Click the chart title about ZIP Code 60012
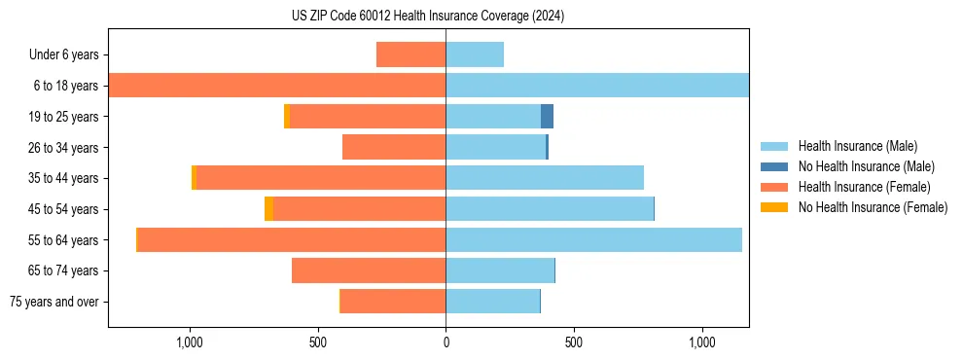pyautogui.click(x=427, y=17)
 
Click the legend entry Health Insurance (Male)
pyautogui.click(x=856, y=146)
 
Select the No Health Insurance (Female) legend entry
pyautogui.click(x=873, y=207)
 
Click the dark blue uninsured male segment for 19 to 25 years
pyautogui.click(x=547, y=117)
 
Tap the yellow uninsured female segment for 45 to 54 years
pyautogui.click(x=268, y=209)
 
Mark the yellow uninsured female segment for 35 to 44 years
pyautogui.click(x=194, y=178)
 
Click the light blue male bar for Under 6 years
pyautogui.click(x=475, y=54)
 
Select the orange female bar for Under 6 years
pyautogui.click(x=410, y=54)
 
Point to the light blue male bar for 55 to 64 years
pyautogui.click(x=593, y=240)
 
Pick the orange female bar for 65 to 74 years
pyautogui.click(x=369, y=270)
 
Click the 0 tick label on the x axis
pyautogui.click(x=446, y=342)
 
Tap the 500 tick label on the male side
pyautogui.click(x=574, y=342)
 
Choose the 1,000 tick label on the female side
pyautogui.click(x=189, y=342)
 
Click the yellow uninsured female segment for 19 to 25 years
pyautogui.click(x=286, y=117)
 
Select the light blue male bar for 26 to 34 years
pyautogui.click(x=495, y=147)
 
